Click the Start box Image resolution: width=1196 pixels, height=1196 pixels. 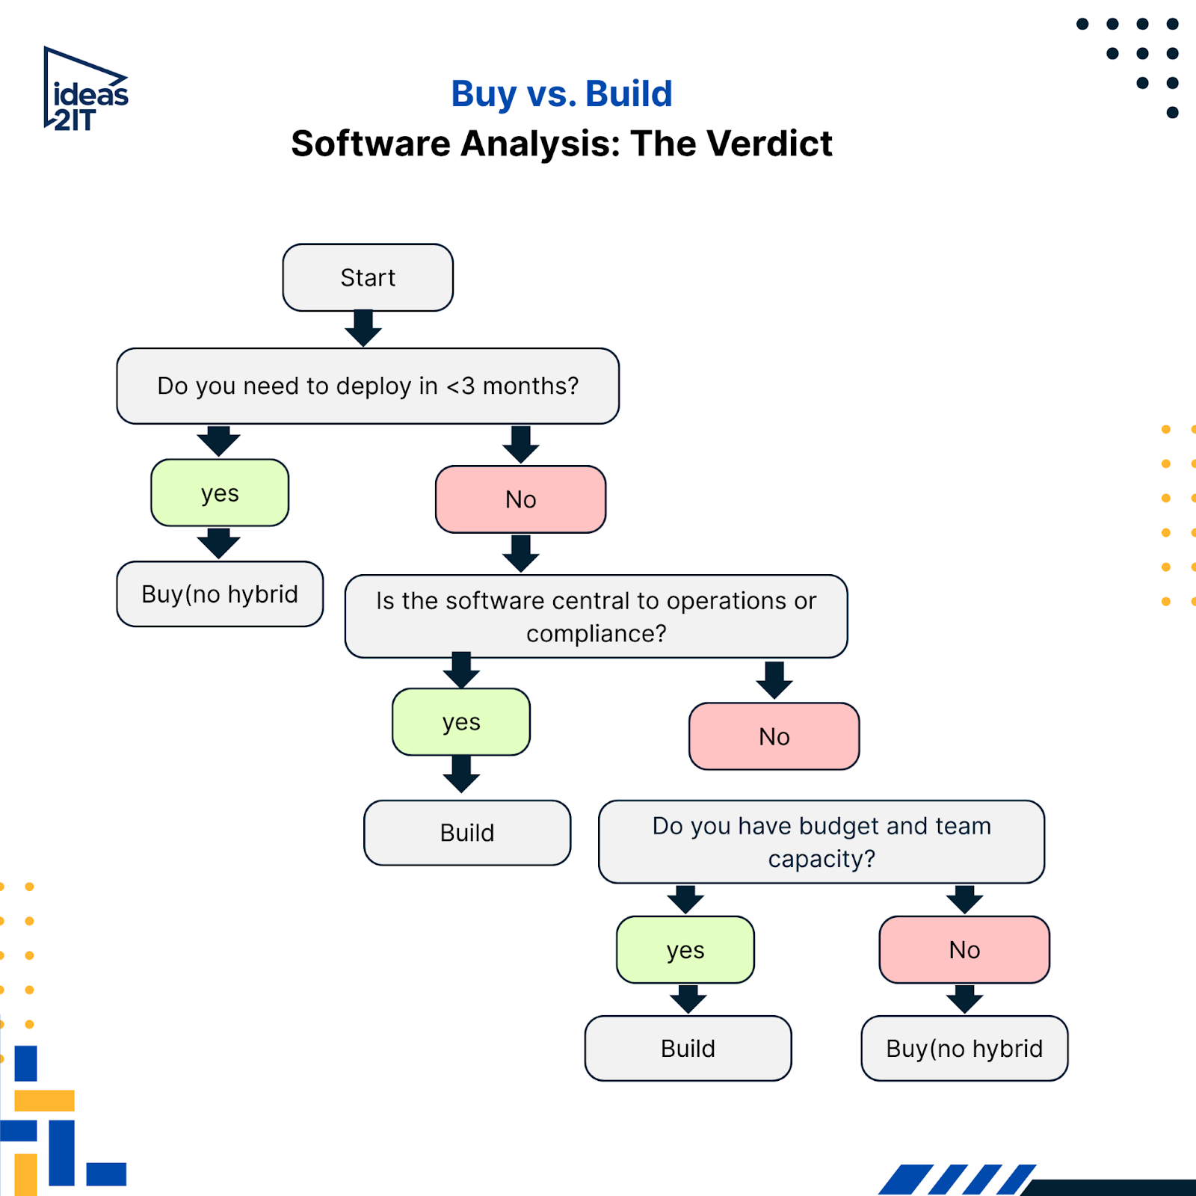click(x=368, y=277)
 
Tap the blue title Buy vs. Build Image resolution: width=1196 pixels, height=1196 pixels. click(x=561, y=94)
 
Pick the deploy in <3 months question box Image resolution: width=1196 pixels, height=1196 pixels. click(x=368, y=386)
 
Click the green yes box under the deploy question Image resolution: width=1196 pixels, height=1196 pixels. click(x=220, y=493)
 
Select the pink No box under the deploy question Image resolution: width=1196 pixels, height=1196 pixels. click(x=520, y=499)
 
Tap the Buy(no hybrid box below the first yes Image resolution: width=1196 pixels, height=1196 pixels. click(x=220, y=594)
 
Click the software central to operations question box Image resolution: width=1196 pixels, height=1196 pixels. click(x=596, y=617)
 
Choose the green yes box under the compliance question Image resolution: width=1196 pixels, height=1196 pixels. click(x=461, y=722)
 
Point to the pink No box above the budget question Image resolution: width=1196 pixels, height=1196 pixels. click(x=774, y=736)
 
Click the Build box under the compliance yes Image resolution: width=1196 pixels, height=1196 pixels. click(x=467, y=833)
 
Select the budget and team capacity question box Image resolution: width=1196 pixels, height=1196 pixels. click(x=822, y=842)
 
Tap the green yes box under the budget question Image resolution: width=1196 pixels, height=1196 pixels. click(x=685, y=950)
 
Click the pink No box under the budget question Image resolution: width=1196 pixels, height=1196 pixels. click(x=964, y=950)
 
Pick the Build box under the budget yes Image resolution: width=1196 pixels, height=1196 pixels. click(x=688, y=1048)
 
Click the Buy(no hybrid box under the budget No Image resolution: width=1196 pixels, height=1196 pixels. click(x=964, y=1048)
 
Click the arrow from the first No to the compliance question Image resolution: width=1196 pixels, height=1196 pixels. click(x=521, y=554)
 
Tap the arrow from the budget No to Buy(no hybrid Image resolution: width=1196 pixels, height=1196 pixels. click(x=964, y=999)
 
